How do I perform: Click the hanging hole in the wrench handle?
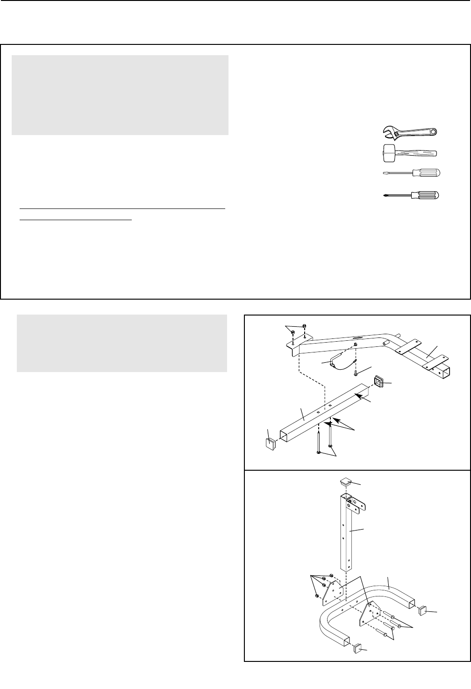coord(434,131)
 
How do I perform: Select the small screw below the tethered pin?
coord(356,373)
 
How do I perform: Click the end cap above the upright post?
coord(346,481)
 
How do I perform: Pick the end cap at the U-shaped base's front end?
coord(357,648)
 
